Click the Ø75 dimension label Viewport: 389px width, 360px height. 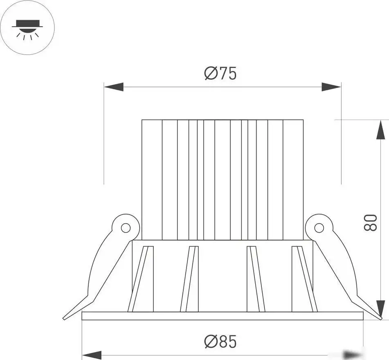point(220,73)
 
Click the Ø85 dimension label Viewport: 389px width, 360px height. point(220,341)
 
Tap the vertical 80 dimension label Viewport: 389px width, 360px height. point(371,222)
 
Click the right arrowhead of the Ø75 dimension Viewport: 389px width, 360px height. point(331,87)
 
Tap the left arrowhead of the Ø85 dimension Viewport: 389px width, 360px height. point(92,355)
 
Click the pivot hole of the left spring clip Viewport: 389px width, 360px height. point(126,228)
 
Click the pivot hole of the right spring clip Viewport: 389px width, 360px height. point(319,228)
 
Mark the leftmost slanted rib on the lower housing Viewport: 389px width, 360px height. point(138,278)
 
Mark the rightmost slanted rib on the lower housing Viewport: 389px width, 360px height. point(306,278)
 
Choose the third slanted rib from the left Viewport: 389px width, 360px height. point(255,278)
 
